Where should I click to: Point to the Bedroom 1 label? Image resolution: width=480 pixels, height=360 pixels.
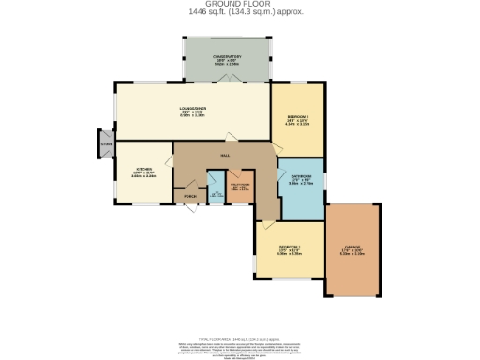288,248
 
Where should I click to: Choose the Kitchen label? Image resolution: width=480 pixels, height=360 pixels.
142,170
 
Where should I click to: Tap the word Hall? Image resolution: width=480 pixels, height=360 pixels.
225,156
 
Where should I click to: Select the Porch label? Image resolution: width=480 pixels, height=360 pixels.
189,197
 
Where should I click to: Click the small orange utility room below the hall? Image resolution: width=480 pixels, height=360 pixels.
239,186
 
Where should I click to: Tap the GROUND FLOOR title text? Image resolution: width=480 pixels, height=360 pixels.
239,5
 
